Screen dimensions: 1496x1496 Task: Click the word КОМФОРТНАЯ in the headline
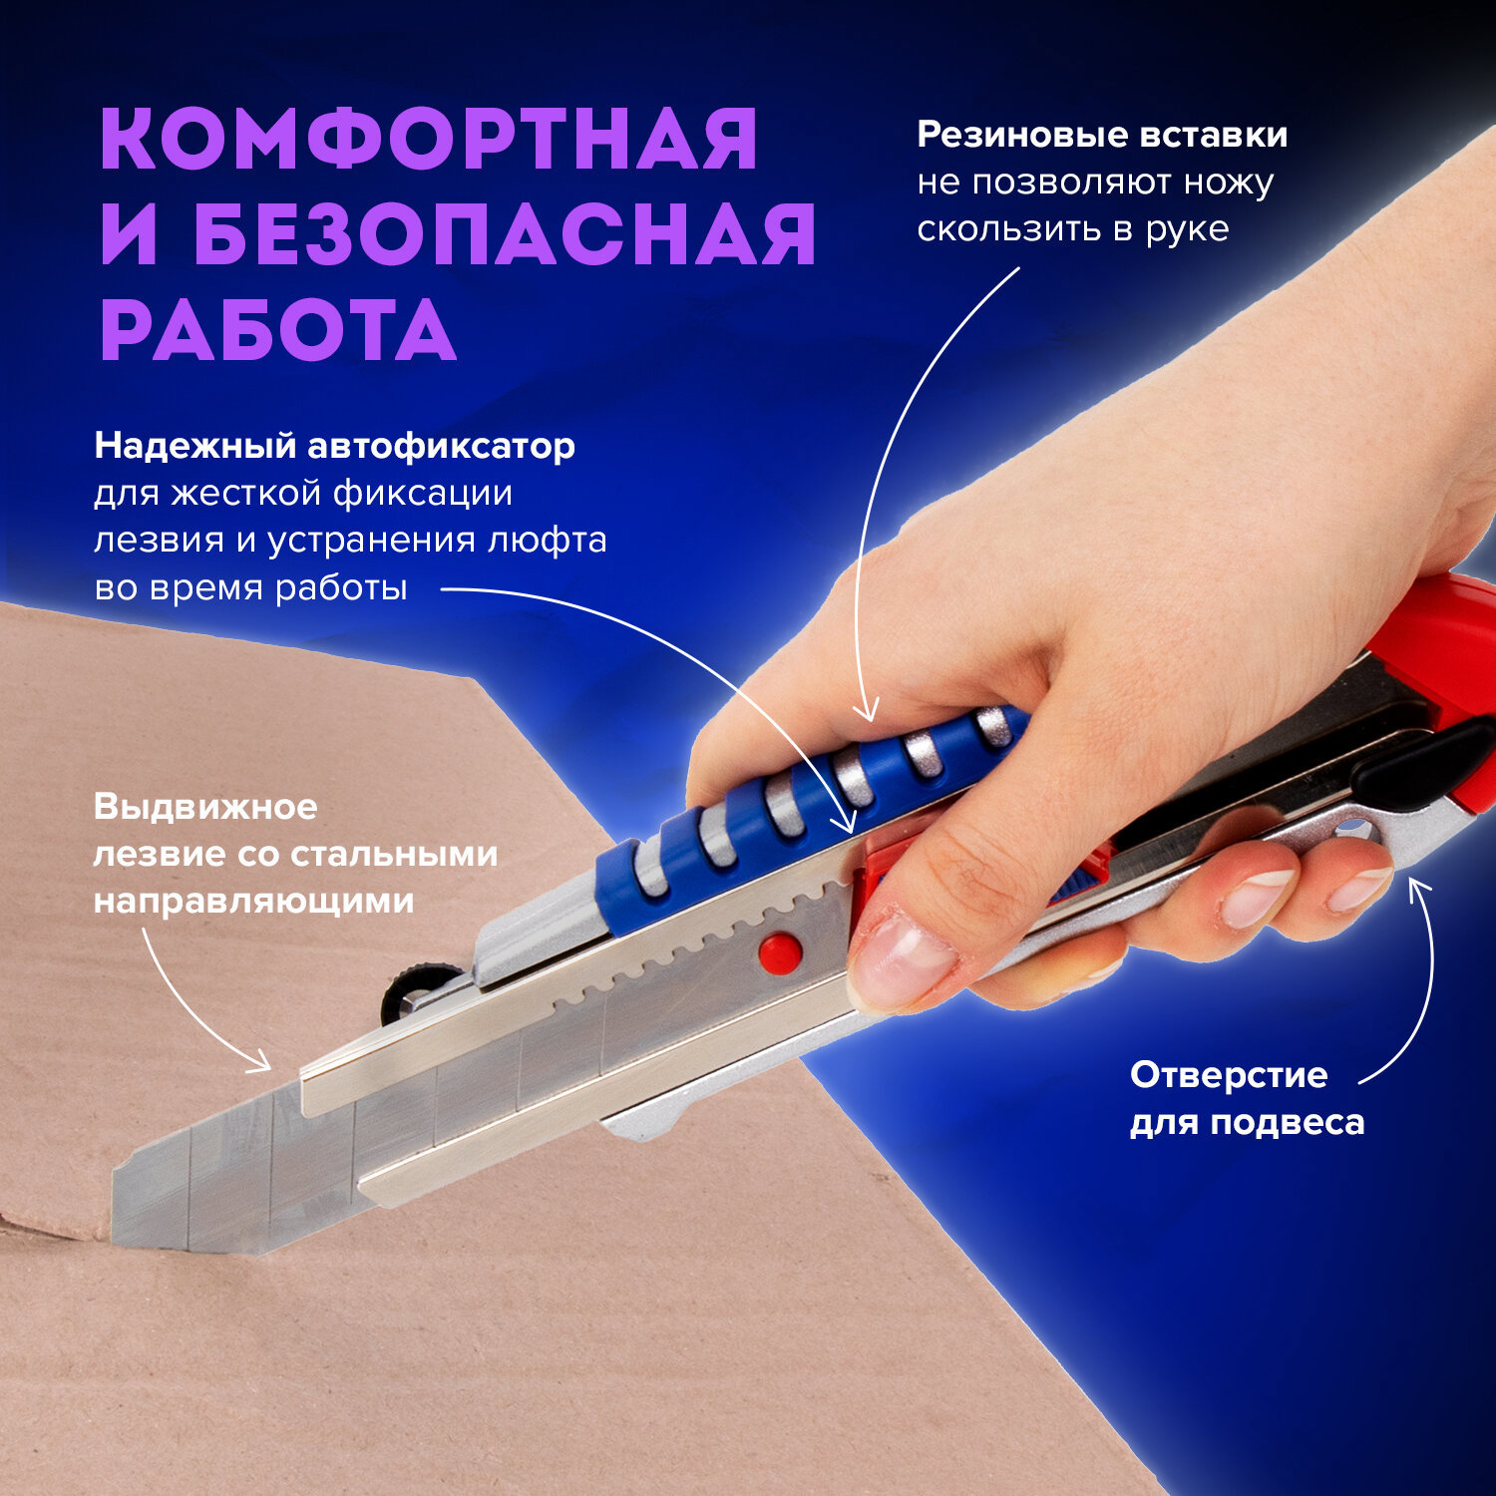click(429, 139)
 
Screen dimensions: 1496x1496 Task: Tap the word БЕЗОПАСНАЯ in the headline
click(505, 234)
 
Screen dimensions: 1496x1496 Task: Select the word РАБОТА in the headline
click(278, 330)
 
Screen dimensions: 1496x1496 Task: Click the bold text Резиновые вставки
click(1102, 135)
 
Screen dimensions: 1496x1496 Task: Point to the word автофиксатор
click(441, 446)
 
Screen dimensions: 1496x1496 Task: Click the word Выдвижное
click(205, 806)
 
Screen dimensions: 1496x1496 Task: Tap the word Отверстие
click(1229, 1075)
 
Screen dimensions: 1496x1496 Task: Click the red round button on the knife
click(779, 953)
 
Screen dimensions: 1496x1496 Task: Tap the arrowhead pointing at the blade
click(265, 1065)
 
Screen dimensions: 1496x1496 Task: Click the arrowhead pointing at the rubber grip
click(868, 714)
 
